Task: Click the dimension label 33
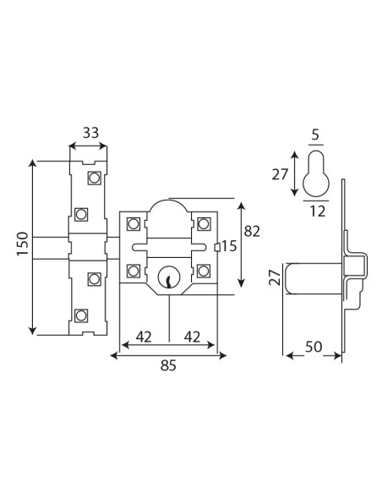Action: (90, 133)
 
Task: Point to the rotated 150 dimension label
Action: (23, 244)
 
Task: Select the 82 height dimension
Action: (252, 232)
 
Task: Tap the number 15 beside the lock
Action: (229, 246)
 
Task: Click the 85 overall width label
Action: (169, 365)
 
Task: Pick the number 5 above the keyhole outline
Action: (315, 134)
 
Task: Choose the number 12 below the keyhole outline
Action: (318, 211)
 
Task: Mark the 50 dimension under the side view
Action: (314, 347)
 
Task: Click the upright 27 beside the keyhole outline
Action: (280, 174)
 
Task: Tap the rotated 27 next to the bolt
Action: (276, 277)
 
